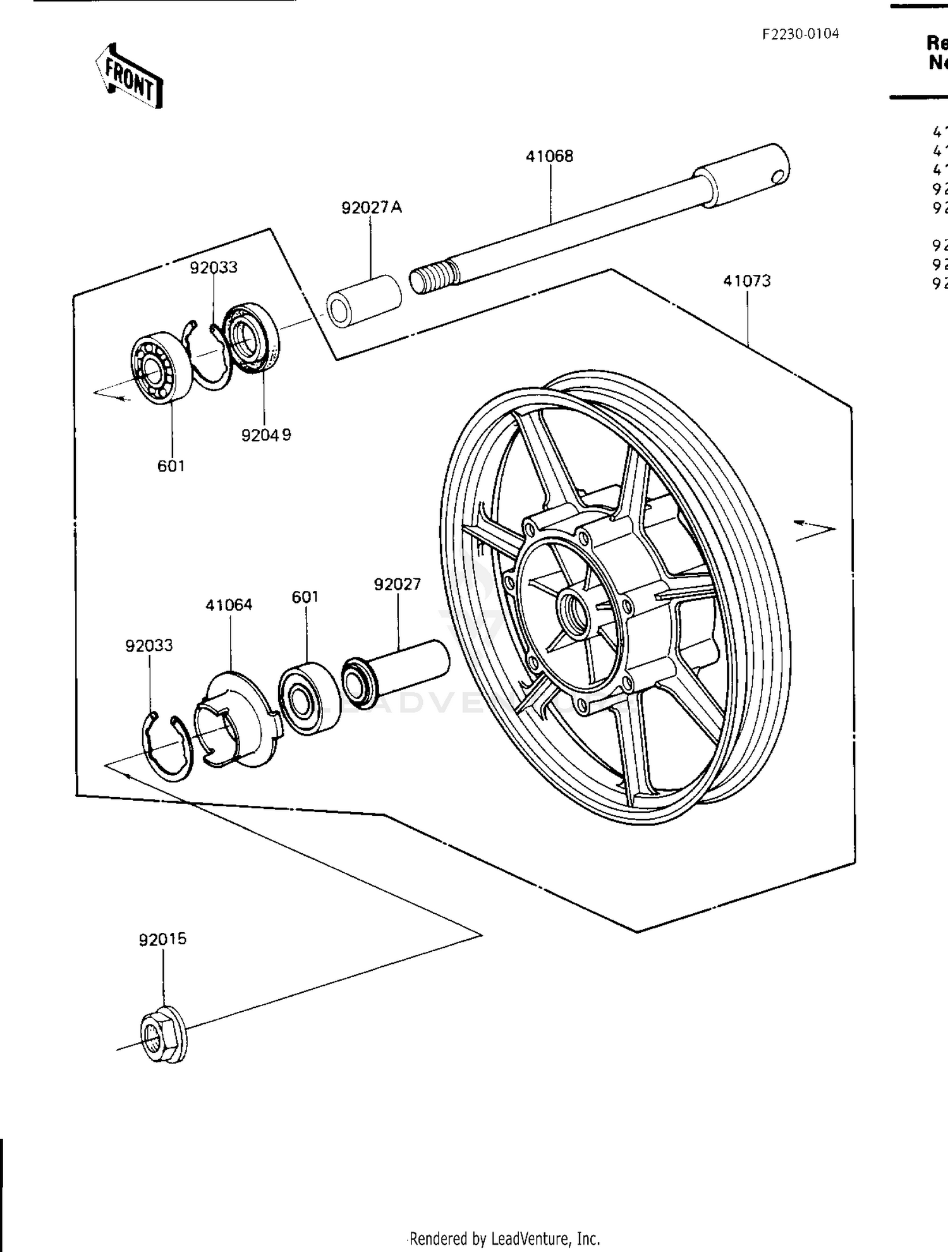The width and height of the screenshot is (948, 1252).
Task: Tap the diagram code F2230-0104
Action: click(800, 34)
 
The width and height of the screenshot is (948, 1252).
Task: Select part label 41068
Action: click(549, 156)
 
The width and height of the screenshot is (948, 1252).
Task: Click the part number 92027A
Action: click(371, 207)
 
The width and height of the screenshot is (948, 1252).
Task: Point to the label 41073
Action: click(747, 281)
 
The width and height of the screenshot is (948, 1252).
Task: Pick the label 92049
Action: click(266, 435)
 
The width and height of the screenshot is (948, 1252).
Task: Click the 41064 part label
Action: click(229, 605)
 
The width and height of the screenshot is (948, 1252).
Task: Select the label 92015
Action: click(163, 939)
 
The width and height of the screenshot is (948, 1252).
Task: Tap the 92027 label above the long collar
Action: click(397, 585)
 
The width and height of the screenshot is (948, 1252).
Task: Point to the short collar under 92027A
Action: click(363, 300)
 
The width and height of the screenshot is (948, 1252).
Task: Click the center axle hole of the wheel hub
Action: click(573, 614)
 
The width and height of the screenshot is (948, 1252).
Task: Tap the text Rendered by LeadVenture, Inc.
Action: click(504, 1238)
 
